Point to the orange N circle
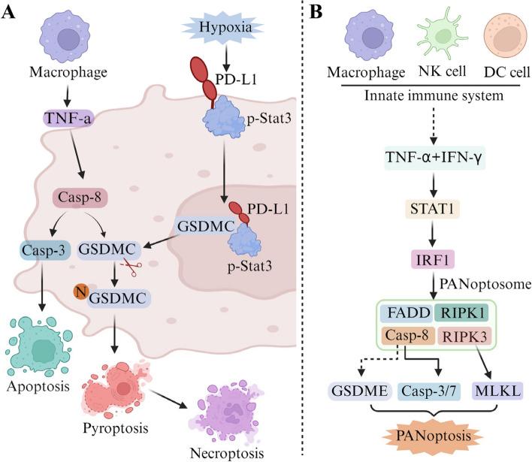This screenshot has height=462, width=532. (78, 289)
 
